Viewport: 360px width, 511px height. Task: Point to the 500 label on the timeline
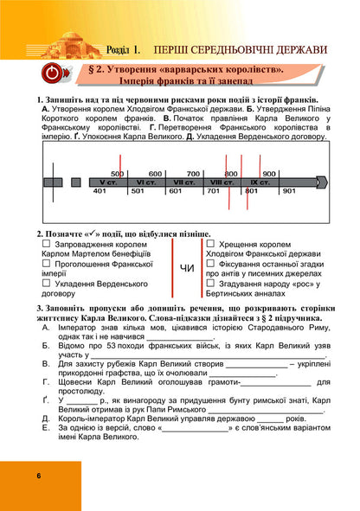click(x=118, y=174)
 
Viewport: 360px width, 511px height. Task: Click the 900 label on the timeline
click(x=269, y=174)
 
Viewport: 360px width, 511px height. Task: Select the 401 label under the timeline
click(x=100, y=191)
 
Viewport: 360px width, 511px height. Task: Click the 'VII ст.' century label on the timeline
click(x=183, y=182)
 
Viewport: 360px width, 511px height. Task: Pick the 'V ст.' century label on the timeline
click(x=107, y=182)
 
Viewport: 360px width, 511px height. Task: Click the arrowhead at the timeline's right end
click(x=322, y=182)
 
